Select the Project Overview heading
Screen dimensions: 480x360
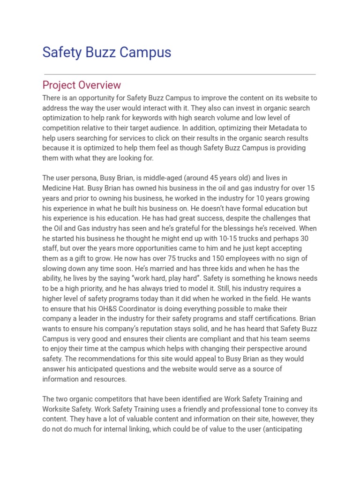pyautogui.click(x=82, y=85)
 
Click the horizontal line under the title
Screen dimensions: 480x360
pyautogui.click(x=180, y=74)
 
